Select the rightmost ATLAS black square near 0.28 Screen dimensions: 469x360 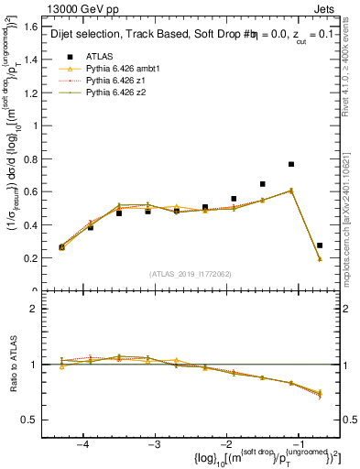[x=320, y=245]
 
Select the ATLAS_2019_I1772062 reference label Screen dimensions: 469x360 [x=191, y=274]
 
